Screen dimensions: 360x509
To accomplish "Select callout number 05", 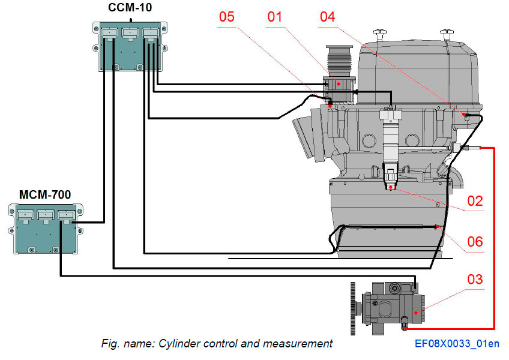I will (x=226, y=16).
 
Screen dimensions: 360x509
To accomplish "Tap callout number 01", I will (x=274, y=16).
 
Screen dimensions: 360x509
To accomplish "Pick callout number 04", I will (x=327, y=16).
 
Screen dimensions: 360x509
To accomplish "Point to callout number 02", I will (x=475, y=201).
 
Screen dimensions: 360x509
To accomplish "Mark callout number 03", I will (x=475, y=280).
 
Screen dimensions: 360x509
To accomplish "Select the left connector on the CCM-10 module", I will (x=108, y=33).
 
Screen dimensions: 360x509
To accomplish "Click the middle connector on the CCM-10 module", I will (x=130, y=33).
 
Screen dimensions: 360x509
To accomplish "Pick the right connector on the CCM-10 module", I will (x=151, y=33).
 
